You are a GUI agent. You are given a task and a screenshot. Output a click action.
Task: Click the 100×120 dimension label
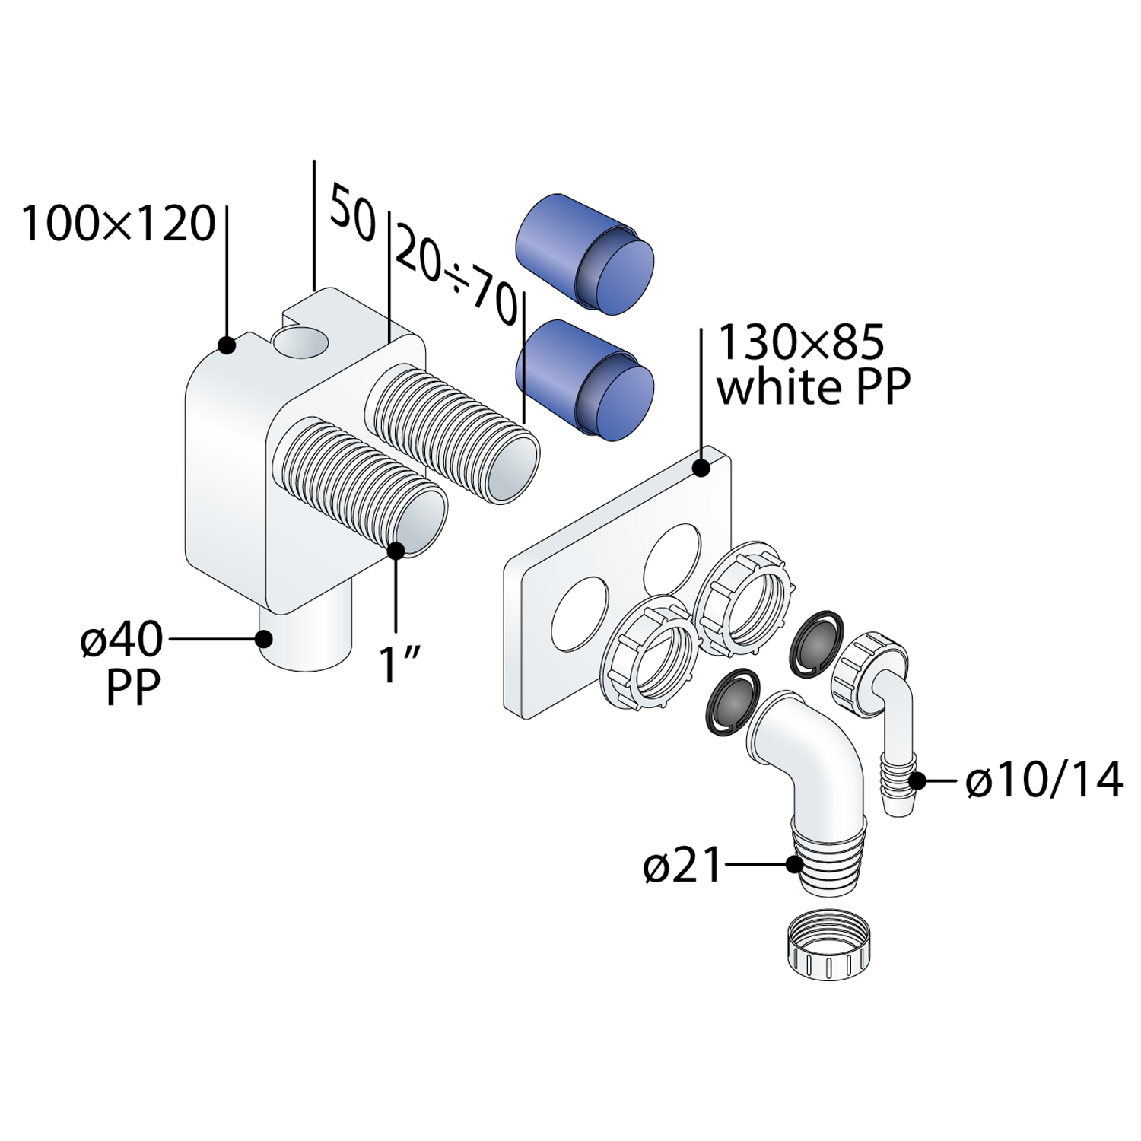pos(118,224)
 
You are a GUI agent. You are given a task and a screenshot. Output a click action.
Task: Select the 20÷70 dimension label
pos(454,275)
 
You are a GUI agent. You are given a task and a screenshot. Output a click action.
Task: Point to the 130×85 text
pos(801,342)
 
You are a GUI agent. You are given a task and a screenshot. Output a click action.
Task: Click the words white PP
pos(813,388)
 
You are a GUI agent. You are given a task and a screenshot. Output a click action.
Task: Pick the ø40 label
pos(122,640)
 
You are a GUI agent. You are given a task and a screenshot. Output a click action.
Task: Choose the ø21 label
pos(682,866)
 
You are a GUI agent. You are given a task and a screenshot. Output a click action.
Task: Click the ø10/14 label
pos(1044,780)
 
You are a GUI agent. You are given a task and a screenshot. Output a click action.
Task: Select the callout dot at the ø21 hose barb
pos(794,864)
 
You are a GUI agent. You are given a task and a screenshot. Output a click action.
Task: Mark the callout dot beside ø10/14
pos(918,780)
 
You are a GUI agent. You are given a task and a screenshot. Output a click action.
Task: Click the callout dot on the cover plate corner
pos(701,468)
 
